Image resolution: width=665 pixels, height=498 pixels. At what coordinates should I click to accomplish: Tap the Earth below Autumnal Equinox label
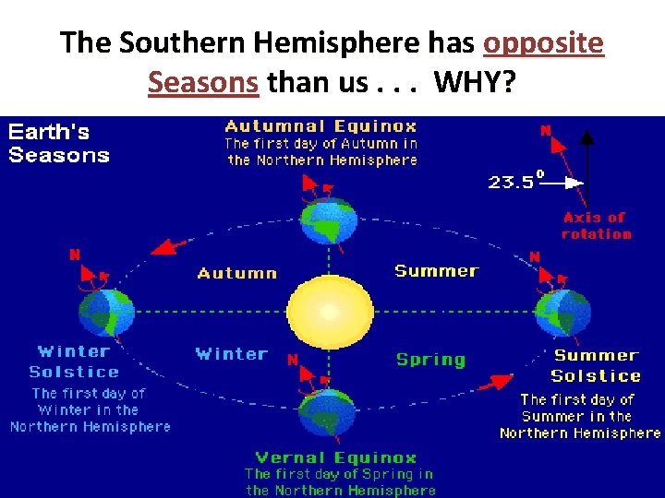pyautogui.click(x=327, y=220)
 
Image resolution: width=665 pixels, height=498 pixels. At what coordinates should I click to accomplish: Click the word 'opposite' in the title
pyautogui.click(x=543, y=43)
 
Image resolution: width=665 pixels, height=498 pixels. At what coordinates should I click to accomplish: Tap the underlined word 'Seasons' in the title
pyautogui.click(x=202, y=83)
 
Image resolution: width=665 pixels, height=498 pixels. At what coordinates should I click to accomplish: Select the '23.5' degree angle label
pyautogui.click(x=510, y=182)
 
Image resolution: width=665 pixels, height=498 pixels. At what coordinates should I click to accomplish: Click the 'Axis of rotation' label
pyautogui.click(x=596, y=226)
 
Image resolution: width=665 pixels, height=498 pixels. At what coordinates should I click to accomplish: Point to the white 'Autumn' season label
pyautogui.click(x=236, y=273)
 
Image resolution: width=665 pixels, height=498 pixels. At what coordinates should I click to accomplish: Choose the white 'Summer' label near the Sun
pyautogui.click(x=436, y=270)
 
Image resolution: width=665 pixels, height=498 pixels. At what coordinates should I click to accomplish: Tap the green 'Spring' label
pyautogui.click(x=430, y=360)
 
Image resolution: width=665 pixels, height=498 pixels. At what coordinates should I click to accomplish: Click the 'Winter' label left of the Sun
pyautogui.click(x=231, y=353)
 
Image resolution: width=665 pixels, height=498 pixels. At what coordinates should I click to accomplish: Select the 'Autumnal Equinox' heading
pyautogui.click(x=321, y=126)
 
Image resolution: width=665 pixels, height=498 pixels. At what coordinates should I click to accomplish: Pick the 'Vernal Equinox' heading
pyautogui.click(x=336, y=457)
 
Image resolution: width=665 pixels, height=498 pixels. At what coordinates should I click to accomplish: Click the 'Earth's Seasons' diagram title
pyautogui.click(x=58, y=143)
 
